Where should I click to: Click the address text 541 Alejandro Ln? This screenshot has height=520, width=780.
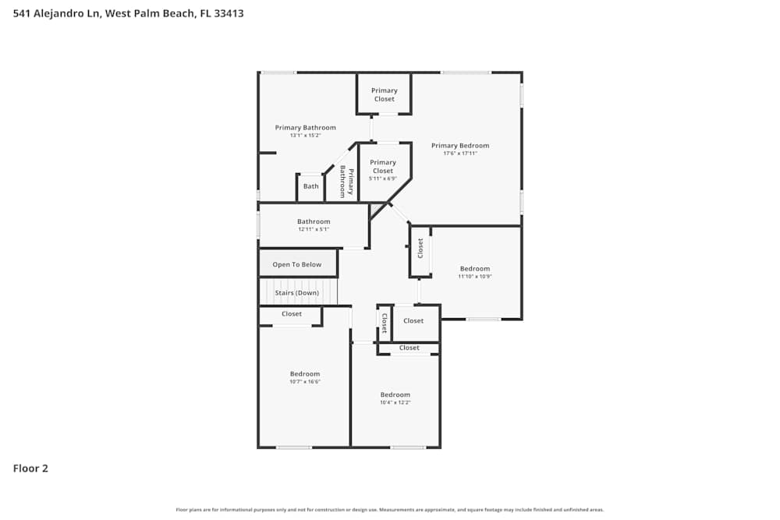(x=55, y=13)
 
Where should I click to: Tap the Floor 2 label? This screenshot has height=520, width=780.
(x=30, y=469)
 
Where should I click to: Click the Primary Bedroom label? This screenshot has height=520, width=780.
(x=460, y=146)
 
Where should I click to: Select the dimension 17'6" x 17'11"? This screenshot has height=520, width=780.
(x=460, y=154)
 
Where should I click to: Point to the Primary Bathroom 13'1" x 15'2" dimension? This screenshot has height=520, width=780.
(x=305, y=136)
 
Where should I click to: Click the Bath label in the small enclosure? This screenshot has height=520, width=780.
(x=311, y=186)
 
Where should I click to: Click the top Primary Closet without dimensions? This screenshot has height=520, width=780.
(x=384, y=95)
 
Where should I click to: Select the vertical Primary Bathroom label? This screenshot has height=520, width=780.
(x=346, y=183)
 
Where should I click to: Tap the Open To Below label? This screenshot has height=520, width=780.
(x=296, y=265)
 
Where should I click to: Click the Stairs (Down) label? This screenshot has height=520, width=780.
(x=296, y=293)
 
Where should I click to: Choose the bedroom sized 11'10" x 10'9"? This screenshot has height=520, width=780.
(x=474, y=272)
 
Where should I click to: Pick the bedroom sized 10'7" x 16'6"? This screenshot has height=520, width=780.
(x=305, y=377)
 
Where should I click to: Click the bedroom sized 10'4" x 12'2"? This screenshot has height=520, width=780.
(x=395, y=398)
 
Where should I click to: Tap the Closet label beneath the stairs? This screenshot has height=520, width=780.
(x=292, y=314)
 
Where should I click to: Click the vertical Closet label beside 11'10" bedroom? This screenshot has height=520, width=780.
(x=420, y=249)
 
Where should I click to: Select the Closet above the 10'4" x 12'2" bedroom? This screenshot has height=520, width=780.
(x=409, y=348)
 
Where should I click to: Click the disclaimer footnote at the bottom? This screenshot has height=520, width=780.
(x=390, y=510)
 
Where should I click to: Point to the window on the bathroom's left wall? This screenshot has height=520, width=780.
(x=259, y=225)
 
